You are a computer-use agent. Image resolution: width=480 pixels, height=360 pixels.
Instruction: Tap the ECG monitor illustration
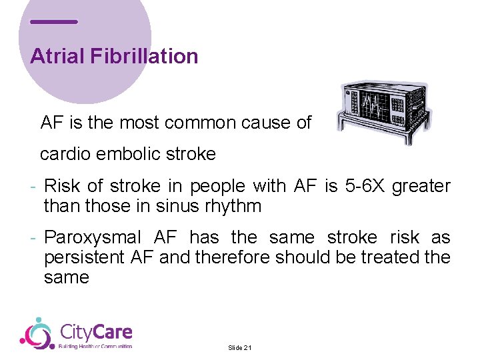[x=383, y=112]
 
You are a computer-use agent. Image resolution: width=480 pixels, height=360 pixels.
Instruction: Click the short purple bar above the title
[x=54, y=22]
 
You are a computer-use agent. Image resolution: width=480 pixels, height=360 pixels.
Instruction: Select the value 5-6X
[x=364, y=187]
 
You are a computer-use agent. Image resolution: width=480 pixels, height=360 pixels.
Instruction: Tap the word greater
[x=421, y=187]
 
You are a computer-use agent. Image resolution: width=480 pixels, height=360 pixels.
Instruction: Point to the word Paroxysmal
[x=93, y=237]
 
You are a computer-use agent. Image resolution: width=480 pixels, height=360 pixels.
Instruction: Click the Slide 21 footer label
[x=239, y=348]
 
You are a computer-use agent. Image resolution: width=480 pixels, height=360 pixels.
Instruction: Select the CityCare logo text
[x=96, y=332]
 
